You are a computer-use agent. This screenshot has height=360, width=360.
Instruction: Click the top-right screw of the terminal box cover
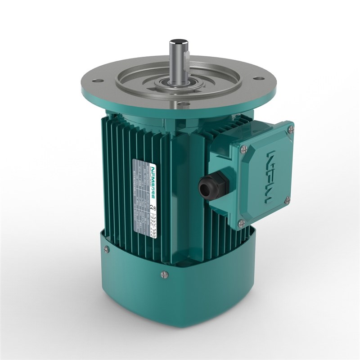coord(291,130)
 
